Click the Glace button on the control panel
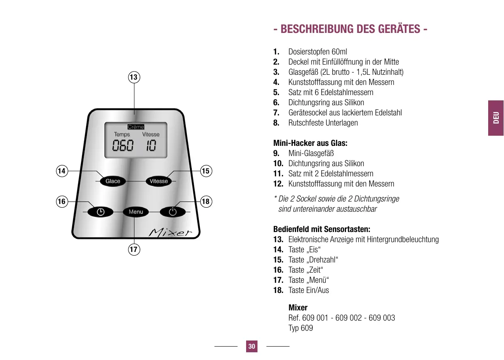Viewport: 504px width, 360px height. point(113,181)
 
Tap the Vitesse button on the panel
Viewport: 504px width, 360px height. point(159,181)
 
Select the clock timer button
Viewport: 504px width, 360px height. point(100,212)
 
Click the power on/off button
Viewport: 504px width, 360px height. point(173,212)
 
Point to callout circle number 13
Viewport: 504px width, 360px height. point(134,77)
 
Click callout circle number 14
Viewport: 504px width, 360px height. point(62,171)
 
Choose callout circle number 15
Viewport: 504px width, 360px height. point(206,171)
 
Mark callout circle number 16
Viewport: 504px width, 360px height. point(62,202)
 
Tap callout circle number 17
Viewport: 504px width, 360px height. point(134,249)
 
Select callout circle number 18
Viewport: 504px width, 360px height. point(206,202)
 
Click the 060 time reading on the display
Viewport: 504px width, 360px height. point(123,146)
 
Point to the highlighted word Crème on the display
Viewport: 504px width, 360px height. point(136,127)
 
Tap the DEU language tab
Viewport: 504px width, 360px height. point(496,118)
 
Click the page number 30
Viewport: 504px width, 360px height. point(252,347)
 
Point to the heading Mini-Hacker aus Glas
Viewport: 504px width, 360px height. point(310,143)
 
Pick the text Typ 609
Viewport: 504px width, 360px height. point(301,328)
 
